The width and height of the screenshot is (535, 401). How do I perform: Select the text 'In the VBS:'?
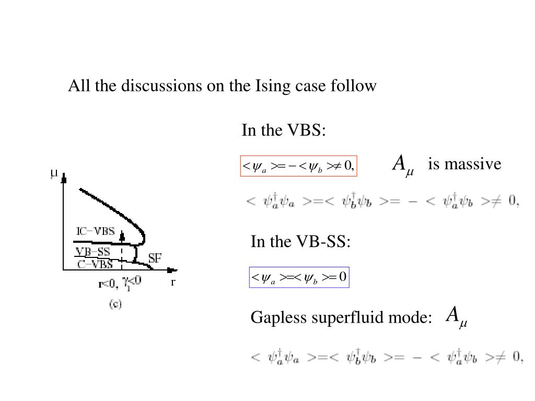point(284,130)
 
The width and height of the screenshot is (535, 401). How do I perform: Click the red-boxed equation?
point(298,166)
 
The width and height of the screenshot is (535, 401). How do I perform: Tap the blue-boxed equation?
point(299,277)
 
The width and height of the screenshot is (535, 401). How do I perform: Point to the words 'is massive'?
point(464,164)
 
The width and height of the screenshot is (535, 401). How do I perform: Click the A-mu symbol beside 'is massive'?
point(402,164)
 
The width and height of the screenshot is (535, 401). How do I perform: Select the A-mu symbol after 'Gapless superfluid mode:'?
point(456,317)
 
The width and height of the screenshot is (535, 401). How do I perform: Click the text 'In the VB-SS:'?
point(300,242)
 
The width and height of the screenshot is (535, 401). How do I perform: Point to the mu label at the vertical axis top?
point(54,173)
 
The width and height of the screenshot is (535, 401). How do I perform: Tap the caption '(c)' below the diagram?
point(115,304)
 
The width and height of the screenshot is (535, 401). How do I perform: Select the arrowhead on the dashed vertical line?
point(122,236)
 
